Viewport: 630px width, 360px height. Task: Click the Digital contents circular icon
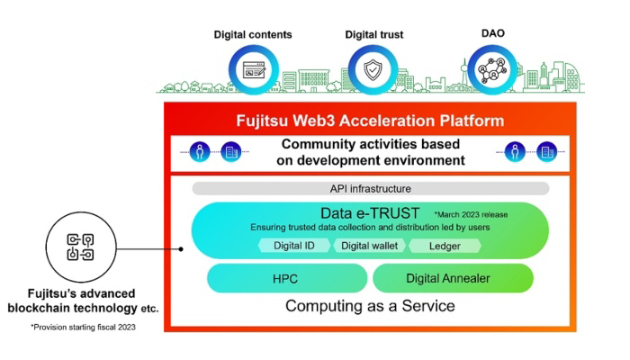click(x=254, y=70)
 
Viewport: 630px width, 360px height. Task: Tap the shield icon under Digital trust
click(x=373, y=70)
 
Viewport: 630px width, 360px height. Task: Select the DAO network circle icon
click(x=492, y=70)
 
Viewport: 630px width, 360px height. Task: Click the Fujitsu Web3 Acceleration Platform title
click(x=370, y=121)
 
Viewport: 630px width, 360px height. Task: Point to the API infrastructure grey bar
click(x=371, y=188)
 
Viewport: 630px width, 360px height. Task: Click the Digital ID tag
click(x=294, y=246)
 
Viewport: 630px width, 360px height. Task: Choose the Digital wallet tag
click(x=369, y=246)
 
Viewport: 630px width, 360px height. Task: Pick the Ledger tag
click(x=445, y=246)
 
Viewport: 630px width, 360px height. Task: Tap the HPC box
click(x=287, y=278)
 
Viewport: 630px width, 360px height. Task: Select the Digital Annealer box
click(x=453, y=278)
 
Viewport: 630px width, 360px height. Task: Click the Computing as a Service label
click(x=370, y=306)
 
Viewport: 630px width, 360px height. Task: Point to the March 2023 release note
click(x=471, y=214)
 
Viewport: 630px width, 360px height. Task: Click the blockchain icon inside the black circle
click(x=80, y=247)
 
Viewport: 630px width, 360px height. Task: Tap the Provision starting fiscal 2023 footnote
click(x=83, y=327)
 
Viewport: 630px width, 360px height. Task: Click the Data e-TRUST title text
click(x=370, y=213)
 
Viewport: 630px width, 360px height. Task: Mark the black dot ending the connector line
click(x=181, y=249)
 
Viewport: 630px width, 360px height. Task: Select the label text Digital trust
click(x=374, y=34)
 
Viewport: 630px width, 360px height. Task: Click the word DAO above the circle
click(x=493, y=33)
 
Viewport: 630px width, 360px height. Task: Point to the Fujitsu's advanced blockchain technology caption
click(x=83, y=301)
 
